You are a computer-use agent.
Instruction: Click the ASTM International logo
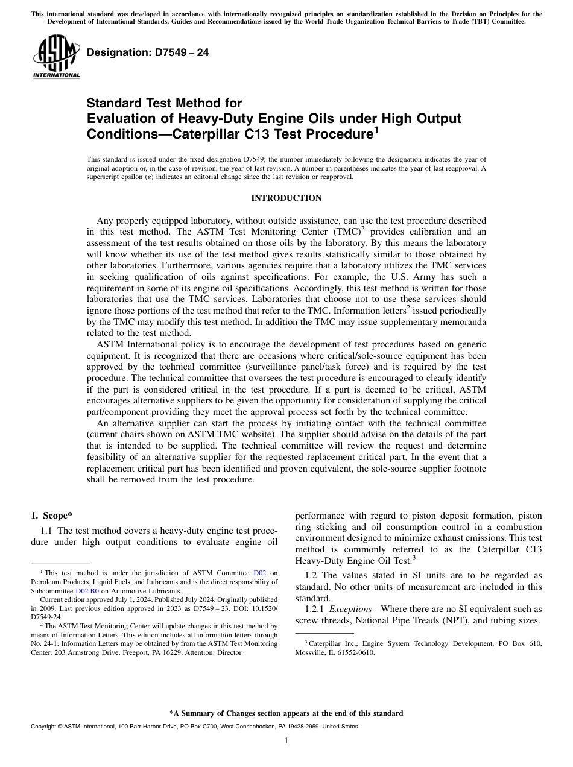click(x=55, y=57)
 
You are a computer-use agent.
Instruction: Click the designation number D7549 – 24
click(x=148, y=53)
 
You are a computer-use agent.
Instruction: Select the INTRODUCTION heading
click(x=286, y=198)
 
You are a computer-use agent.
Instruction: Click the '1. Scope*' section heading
click(x=51, y=515)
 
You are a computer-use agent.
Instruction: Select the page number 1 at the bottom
click(x=286, y=741)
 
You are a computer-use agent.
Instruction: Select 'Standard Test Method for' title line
click(x=164, y=103)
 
